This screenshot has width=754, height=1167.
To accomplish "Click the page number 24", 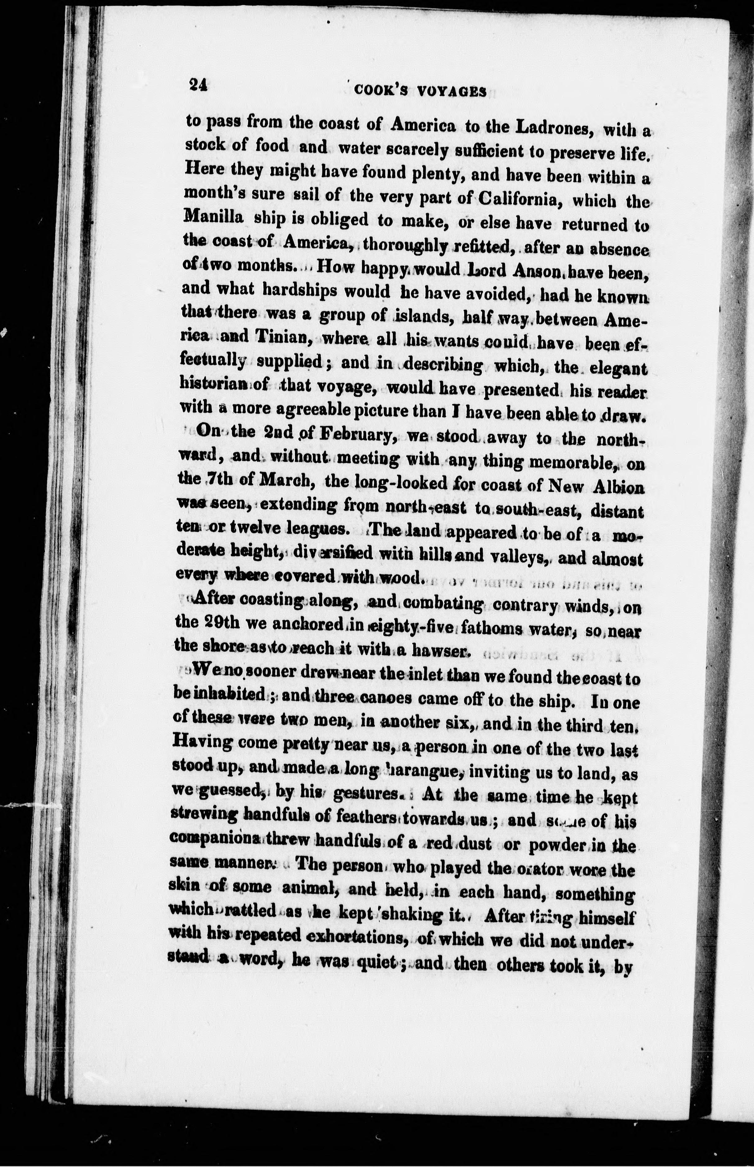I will tap(199, 85).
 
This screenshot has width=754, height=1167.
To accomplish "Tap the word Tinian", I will tap(281, 337).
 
